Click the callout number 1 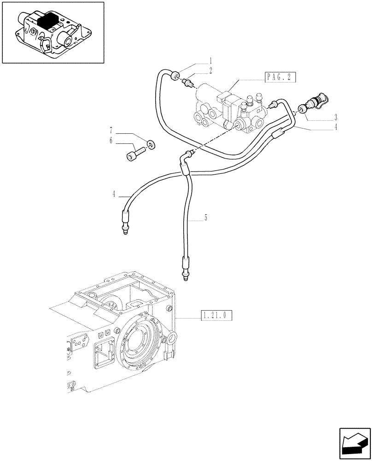(x=210, y=61)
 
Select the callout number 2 (x=210, y=71)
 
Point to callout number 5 (x=206, y=218)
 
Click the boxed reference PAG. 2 (x=280, y=77)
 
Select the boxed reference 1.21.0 (x=216, y=316)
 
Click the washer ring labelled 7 (x=150, y=144)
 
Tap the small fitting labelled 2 (x=188, y=83)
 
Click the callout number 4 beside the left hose (x=113, y=195)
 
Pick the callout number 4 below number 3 (x=336, y=127)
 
